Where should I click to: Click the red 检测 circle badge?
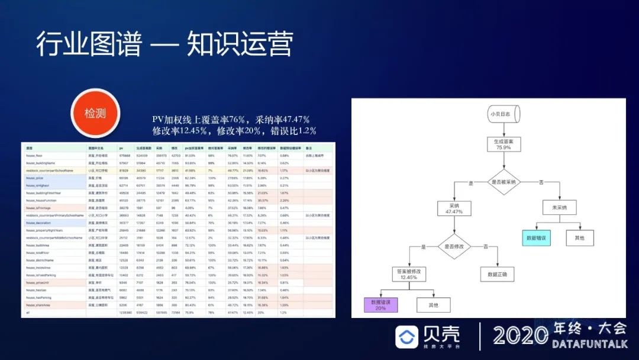[96, 113]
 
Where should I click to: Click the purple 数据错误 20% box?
[380, 304]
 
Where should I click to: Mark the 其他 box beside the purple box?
[433, 305]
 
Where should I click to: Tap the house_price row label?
[35, 178]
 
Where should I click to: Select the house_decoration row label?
[38, 223]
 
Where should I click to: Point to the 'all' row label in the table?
[28, 313]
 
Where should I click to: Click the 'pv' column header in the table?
[121, 148]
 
